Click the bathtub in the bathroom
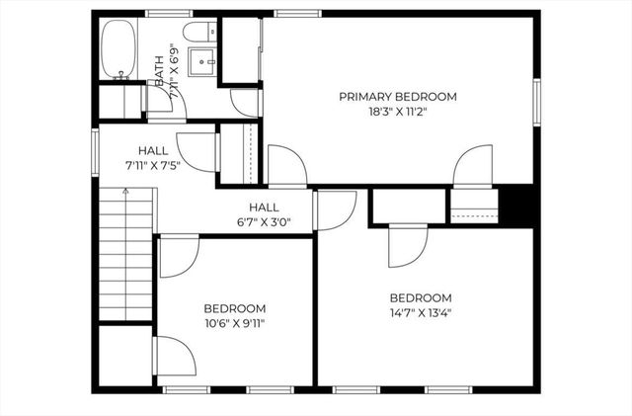pos(118,48)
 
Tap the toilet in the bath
pos(199,32)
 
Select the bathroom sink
pos(206,60)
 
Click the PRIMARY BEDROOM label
pos(398,97)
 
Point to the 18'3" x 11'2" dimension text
pos(398,113)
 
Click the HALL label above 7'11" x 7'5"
pos(153,150)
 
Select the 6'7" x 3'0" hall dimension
pos(264,223)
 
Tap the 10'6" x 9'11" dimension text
pos(234,323)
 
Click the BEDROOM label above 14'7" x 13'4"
pos(420,298)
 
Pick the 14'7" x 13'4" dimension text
pos(420,314)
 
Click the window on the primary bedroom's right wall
pos(537,104)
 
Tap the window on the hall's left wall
pos(95,149)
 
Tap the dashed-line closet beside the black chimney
pos(473,206)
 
